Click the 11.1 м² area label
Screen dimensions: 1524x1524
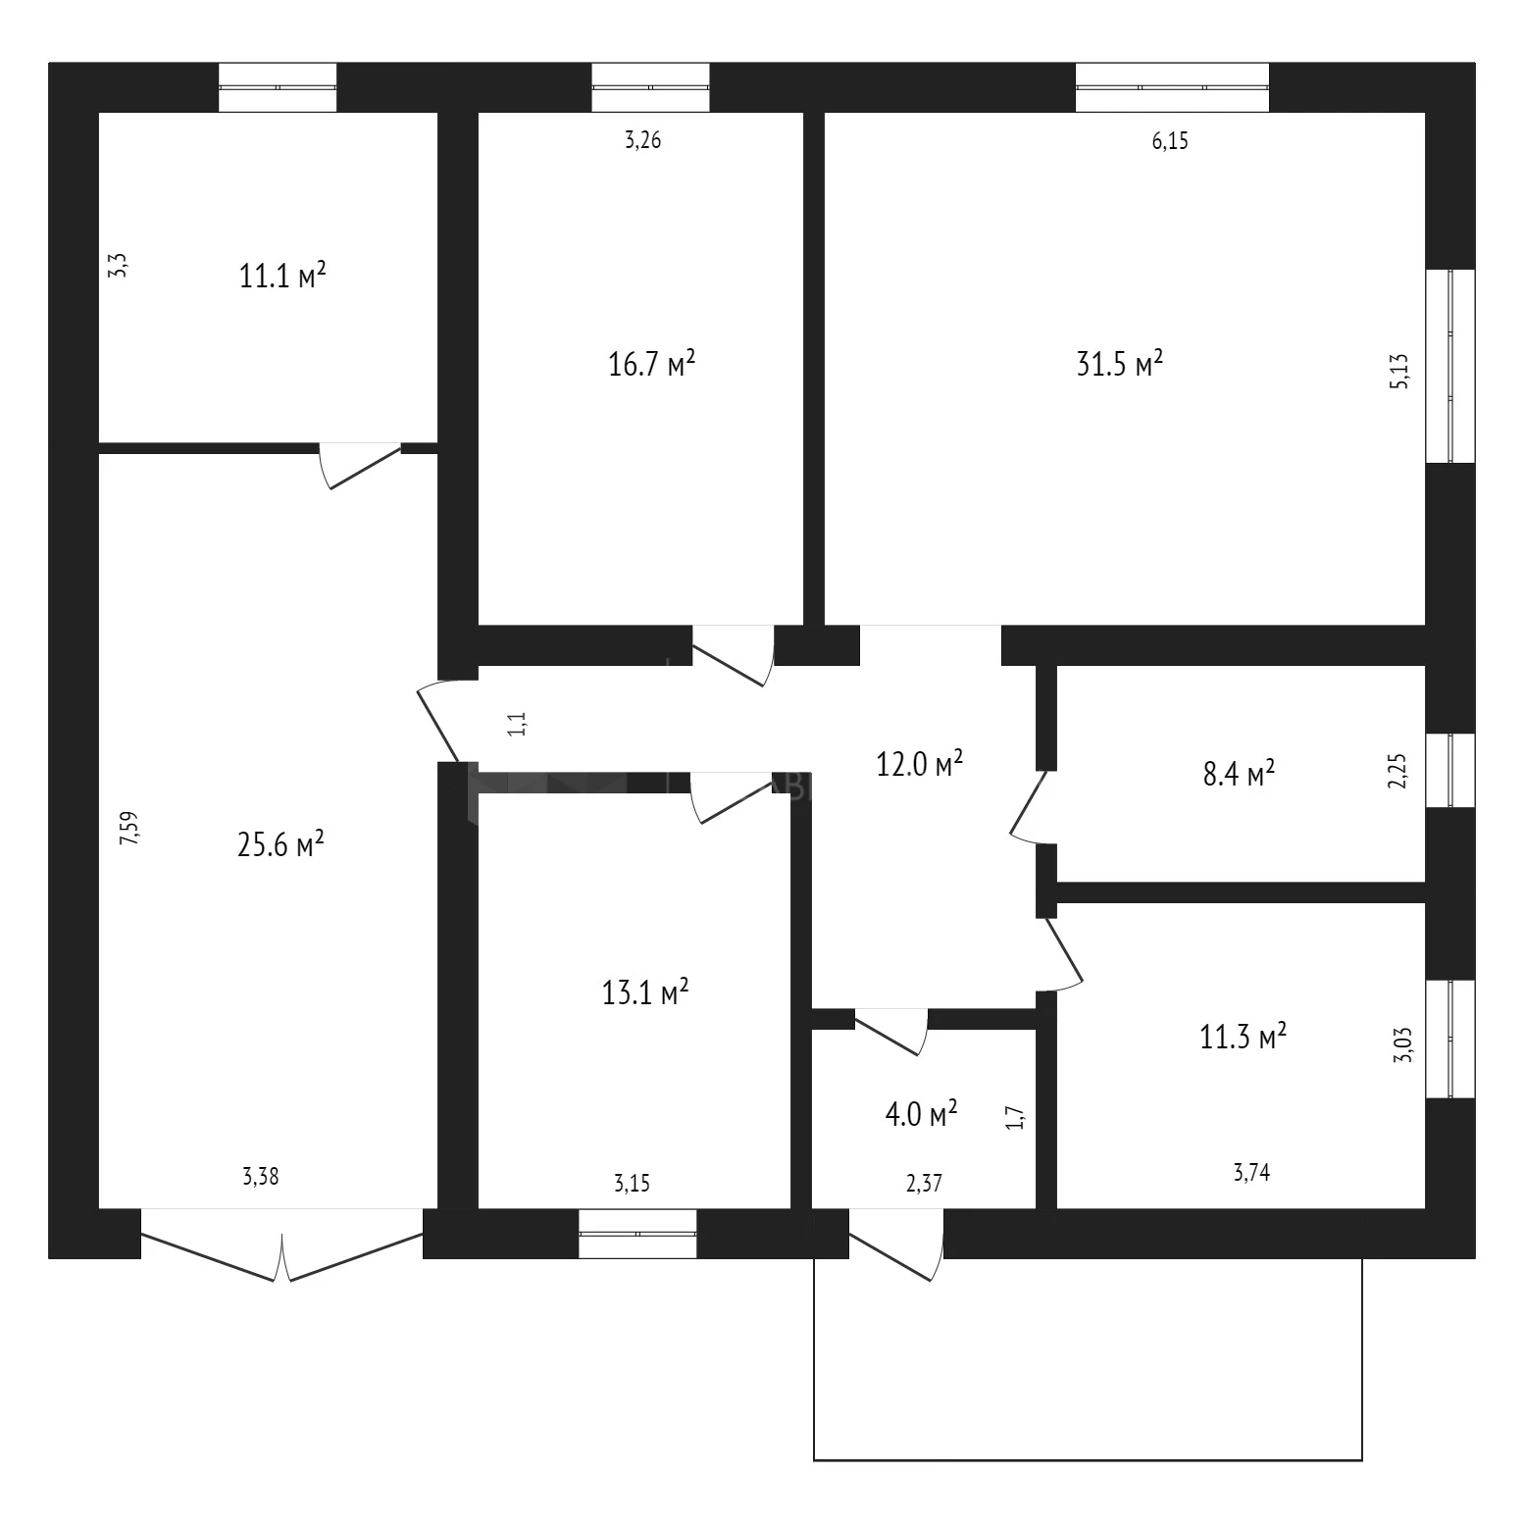click(282, 276)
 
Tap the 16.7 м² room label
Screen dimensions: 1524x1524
click(652, 365)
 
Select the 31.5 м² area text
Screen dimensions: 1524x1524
click(1120, 365)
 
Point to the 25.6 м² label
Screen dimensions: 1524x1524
click(281, 844)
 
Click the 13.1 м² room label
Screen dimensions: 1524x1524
click(645, 992)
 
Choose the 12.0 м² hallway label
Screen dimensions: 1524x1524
click(920, 764)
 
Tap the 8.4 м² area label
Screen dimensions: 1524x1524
click(1239, 774)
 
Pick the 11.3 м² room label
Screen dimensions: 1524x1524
click(1244, 1037)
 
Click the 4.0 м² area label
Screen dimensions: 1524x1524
click(921, 1115)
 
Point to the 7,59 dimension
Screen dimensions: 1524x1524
click(129, 829)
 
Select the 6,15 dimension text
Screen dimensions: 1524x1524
click(1170, 141)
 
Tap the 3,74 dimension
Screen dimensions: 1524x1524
click(1251, 1171)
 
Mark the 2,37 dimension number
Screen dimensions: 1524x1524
click(924, 1184)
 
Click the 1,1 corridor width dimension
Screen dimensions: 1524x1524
click(519, 726)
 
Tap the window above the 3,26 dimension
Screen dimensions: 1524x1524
click(650, 87)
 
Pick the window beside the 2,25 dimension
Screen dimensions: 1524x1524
click(1449, 771)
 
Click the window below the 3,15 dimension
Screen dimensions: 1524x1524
click(637, 1234)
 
